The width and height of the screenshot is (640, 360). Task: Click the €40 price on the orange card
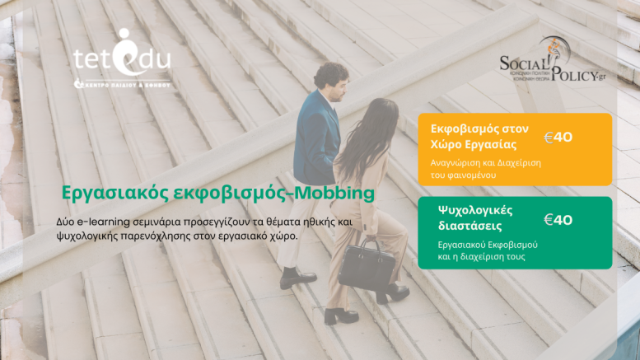tap(558, 137)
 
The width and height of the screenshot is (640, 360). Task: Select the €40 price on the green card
tap(558, 220)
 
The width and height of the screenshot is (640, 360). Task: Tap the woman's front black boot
tap(340, 315)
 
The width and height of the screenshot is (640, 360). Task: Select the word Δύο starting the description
tap(67, 222)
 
